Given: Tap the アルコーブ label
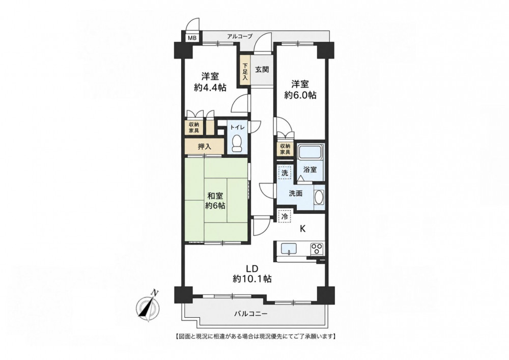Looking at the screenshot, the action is [240, 36].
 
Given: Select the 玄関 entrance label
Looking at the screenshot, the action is [262, 69].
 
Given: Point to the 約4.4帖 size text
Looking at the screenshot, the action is [210, 88].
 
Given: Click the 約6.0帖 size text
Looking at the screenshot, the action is [300, 95].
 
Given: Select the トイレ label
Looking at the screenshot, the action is [238, 127].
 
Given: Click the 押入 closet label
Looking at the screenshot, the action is [205, 147].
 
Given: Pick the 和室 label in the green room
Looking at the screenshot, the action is [215, 196].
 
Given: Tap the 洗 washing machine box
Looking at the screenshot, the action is [285, 173].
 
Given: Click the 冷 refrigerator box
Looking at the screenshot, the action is [285, 217].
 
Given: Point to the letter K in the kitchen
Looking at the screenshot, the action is [302, 229].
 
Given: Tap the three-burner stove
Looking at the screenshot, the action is [317, 248].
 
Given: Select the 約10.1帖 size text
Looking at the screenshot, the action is [252, 279].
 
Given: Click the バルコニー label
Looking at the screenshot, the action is [251, 314].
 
